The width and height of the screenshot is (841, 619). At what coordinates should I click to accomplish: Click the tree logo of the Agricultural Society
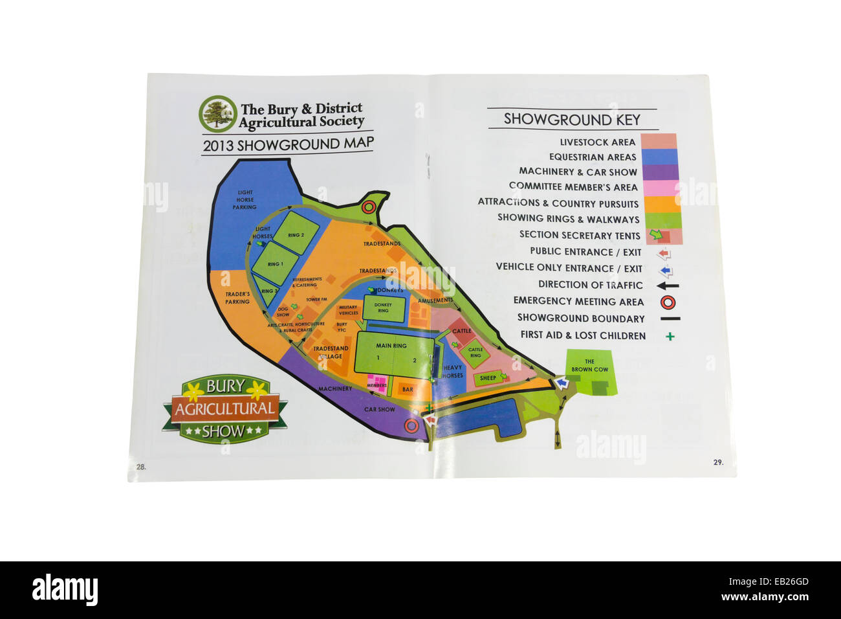[x=218, y=115]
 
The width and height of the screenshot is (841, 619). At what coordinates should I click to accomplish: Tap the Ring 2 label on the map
[x=296, y=235]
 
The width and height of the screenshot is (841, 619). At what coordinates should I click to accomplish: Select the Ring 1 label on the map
[x=275, y=264]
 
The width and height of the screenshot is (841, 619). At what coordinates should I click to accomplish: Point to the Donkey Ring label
[x=383, y=308]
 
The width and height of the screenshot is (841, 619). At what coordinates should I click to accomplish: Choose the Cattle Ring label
[x=475, y=353]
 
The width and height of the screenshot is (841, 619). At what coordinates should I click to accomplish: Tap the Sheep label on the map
[x=487, y=378]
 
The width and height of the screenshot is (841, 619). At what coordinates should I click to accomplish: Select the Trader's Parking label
[x=237, y=298]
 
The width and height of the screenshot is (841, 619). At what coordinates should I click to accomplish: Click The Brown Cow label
[x=589, y=365]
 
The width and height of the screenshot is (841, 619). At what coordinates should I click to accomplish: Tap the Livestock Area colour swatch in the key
[x=659, y=142]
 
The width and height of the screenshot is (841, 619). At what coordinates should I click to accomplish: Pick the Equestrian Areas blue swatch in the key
[x=659, y=157]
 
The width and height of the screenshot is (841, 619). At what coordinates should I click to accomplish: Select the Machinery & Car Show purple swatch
[x=659, y=172]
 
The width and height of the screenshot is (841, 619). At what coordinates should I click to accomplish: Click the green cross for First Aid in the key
[x=670, y=336]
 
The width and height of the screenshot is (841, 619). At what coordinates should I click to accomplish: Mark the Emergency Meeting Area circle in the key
[x=670, y=301]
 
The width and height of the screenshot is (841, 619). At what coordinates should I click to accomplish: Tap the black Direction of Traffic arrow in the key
[x=669, y=286]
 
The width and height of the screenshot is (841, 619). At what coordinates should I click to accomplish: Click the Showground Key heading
[x=572, y=120]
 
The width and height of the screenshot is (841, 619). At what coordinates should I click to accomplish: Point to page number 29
[x=718, y=462]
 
